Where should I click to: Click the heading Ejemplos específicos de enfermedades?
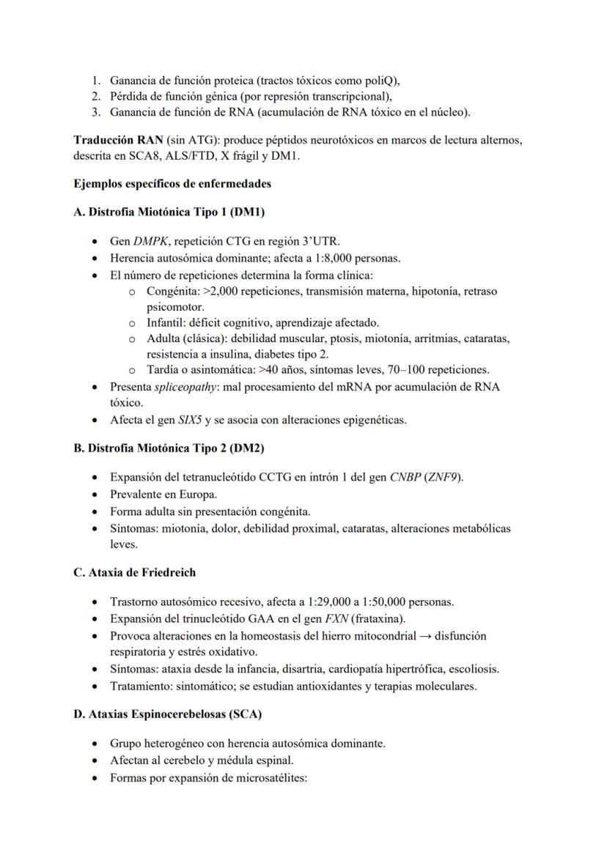tap(172, 183)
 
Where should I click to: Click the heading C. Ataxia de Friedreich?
tap(134, 572)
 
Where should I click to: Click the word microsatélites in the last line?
tap(271, 777)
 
